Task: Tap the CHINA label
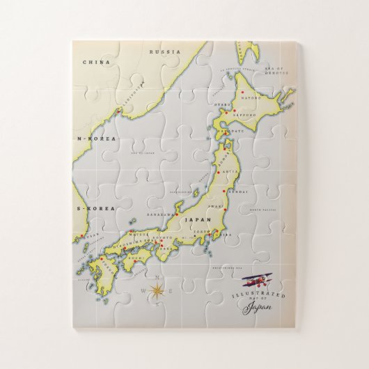pos(97,63)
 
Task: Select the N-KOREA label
pos(97,139)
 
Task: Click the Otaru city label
pos(221,105)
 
